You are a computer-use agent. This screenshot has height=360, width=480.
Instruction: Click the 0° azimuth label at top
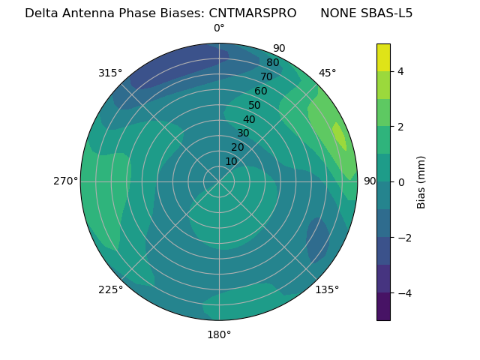[x=219, y=28]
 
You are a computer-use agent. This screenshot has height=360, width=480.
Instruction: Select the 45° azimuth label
[x=327, y=73]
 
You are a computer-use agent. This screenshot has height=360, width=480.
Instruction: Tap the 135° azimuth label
[x=327, y=289]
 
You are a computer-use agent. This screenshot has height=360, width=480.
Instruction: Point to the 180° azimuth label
[x=219, y=334]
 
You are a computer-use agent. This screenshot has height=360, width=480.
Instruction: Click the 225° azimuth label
[x=110, y=289]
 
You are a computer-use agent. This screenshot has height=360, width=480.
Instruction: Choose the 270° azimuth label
[x=65, y=181]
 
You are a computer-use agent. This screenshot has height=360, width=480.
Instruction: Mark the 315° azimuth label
[x=110, y=73]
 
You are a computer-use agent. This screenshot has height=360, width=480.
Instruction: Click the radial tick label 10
[x=231, y=161]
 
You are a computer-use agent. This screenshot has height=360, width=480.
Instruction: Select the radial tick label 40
[x=249, y=119]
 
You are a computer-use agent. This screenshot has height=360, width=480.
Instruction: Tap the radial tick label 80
[x=272, y=63]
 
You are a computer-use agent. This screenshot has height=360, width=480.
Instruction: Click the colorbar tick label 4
[x=401, y=71]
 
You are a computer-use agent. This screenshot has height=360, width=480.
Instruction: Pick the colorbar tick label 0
[x=401, y=182]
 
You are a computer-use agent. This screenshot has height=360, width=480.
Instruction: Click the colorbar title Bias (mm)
[x=421, y=181]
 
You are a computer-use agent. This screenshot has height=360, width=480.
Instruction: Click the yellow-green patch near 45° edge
[x=339, y=136]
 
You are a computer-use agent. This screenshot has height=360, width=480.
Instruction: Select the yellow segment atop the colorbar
[x=383, y=57]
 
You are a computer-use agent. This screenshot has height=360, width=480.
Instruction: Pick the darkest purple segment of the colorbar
[x=383, y=307]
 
